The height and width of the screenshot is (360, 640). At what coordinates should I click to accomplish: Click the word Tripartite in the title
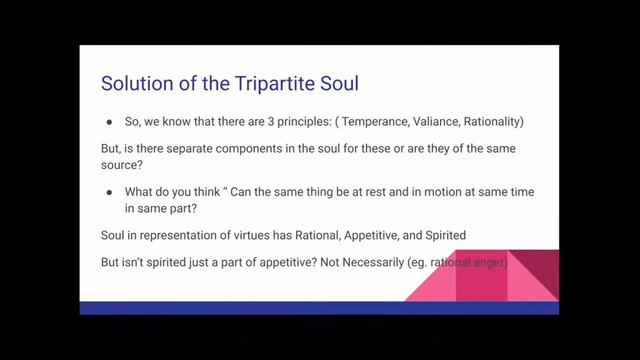point(218,80)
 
